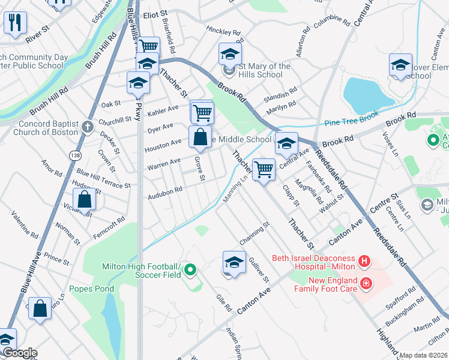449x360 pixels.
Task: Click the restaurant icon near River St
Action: [x=14, y=23]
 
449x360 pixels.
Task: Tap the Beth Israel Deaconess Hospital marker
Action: [x=364, y=262]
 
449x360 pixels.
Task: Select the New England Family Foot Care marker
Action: [x=364, y=283]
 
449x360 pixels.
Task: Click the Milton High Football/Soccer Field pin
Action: [x=191, y=271]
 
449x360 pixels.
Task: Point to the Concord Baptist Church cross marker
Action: [x=88, y=127]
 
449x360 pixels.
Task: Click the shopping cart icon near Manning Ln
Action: [x=264, y=170]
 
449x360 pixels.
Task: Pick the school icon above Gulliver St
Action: [x=234, y=262]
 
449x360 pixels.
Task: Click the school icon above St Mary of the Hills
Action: [x=229, y=55]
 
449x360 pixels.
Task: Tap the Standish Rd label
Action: [x=280, y=94]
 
